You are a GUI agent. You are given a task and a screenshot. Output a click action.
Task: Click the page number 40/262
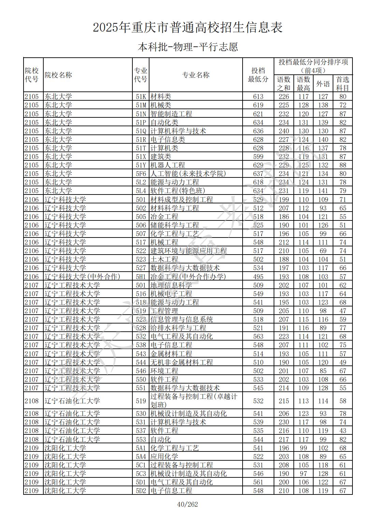coord(187,504)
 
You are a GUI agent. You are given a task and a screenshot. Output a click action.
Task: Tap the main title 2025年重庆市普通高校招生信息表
coord(188,28)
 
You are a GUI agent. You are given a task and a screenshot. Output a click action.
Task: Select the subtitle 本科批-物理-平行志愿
coord(188,47)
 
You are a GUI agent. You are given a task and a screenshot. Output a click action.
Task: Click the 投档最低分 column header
coord(258,75)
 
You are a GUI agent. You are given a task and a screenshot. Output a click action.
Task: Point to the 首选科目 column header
coord(343,84)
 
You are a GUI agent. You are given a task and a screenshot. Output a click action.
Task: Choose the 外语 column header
coord(323,84)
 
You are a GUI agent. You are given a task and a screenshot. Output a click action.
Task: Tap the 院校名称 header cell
coord(59,75)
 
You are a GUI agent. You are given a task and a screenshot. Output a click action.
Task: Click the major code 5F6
coord(141,174)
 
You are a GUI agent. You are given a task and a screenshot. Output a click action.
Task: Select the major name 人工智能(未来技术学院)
coord(188,174)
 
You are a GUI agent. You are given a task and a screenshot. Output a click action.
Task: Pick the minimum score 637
coord(258,174)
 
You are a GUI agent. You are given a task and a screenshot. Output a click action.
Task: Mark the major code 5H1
coord(141,276)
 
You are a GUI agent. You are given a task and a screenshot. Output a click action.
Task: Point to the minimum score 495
coord(258,276)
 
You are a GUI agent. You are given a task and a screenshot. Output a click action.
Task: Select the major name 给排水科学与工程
coord(178,328)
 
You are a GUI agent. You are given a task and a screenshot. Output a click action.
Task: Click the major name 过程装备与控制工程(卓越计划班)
coord(193,401)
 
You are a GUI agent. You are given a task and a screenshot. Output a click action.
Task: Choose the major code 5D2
coord(141,491)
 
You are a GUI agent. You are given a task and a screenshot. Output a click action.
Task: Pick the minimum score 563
coord(258,336)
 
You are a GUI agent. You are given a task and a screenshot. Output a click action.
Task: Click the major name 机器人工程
coord(168,165)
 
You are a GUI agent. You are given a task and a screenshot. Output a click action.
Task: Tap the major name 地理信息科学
coord(171,285)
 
